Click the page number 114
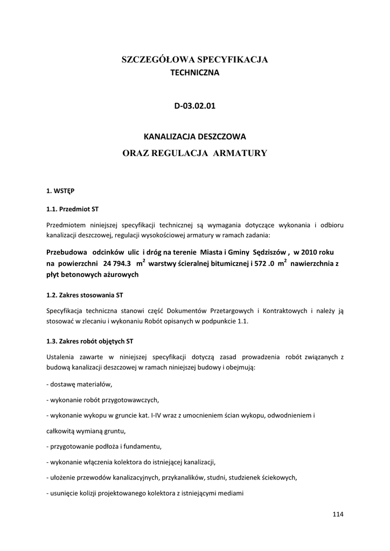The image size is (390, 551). tap(338, 514)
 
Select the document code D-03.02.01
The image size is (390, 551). tap(194, 105)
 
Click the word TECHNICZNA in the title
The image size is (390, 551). tap(194, 72)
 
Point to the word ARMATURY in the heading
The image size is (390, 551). tap(240, 153)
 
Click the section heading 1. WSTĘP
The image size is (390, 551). tap(61, 190)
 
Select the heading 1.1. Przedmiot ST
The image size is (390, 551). tap(73, 207)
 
